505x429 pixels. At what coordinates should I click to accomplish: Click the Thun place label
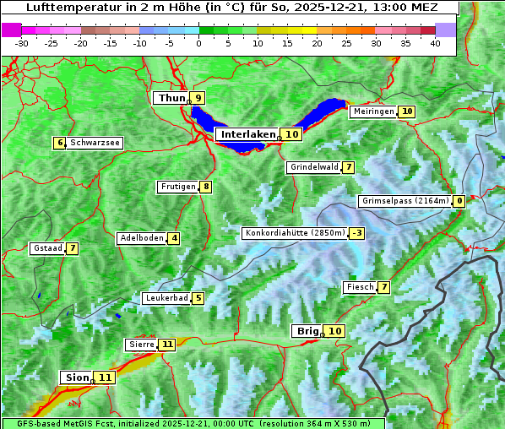tap(171, 98)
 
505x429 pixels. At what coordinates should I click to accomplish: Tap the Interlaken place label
tap(248, 134)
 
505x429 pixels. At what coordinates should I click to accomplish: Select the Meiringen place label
tap(373, 111)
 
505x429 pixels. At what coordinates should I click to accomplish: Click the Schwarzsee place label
tap(95, 143)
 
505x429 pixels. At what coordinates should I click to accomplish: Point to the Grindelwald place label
tap(314, 167)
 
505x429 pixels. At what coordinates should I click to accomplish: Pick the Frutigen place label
tap(177, 187)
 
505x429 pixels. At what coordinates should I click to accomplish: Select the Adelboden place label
tap(141, 238)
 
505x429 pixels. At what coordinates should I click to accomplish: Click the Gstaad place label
tap(47, 248)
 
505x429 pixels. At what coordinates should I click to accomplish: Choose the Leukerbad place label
tap(166, 298)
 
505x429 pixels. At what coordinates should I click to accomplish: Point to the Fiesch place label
tap(360, 287)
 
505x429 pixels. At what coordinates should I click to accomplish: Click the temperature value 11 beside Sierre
tap(167, 345)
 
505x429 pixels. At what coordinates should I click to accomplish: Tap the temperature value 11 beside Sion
tap(105, 377)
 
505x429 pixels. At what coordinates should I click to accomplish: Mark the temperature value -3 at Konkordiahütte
tap(357, 233)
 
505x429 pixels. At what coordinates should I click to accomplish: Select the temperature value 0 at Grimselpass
tap(459, 201)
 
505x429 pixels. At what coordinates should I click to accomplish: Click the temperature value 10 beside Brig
tap(335, 331)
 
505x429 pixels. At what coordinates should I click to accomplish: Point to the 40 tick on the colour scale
tap(435, 42)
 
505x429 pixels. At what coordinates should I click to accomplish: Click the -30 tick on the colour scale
tap(22, 42)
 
